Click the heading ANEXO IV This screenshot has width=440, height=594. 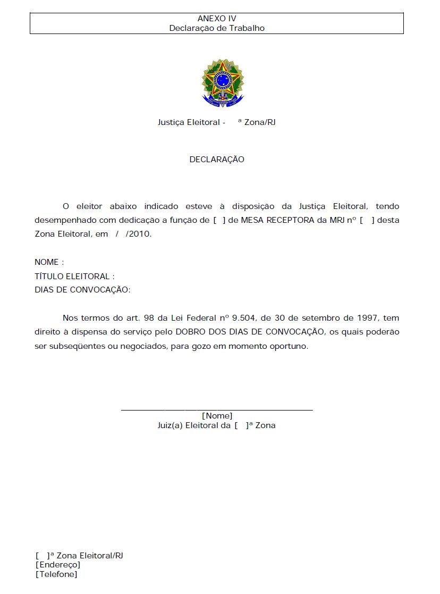pos(217,19)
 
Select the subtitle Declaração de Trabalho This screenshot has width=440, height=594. pos(217,28)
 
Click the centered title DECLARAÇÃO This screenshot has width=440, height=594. pos(217,160)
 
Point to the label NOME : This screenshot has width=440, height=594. pos(49,262)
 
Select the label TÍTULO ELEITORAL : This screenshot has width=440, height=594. pos(74,276)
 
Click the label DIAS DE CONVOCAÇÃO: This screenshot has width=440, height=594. pos(82,290)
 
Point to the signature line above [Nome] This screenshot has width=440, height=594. pos(217,409)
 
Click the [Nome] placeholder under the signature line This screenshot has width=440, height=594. pos(217,416)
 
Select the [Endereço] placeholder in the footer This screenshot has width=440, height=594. pos(58,565)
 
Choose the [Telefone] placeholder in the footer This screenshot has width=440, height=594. pos(56,574)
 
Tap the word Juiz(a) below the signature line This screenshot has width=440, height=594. pos(170,425)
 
